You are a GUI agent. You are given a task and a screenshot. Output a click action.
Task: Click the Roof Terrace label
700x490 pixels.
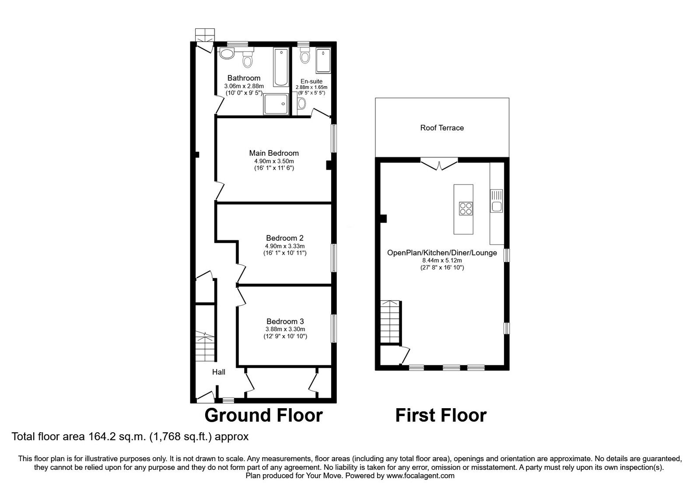point(442,128)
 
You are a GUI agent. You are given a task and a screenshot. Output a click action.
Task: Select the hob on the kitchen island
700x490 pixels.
point(465,209)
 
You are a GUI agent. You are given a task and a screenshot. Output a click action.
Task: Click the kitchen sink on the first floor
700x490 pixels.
point(497,202)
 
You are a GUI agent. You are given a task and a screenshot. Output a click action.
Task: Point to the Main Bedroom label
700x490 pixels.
point(274,153)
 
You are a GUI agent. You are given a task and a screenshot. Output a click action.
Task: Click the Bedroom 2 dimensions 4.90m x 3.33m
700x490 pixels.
point(285,246)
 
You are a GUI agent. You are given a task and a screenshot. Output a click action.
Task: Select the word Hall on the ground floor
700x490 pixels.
point(219,372)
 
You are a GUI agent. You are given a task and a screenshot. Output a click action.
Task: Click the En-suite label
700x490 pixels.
point(311,81)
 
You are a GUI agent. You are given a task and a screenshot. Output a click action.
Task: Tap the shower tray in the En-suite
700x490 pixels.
point(324,60)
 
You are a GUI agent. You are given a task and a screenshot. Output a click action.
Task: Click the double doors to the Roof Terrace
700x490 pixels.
point(439,164)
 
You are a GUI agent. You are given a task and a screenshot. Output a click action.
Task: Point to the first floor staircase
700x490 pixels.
point(391,322)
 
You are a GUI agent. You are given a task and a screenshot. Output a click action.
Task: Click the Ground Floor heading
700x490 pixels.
point(263,415)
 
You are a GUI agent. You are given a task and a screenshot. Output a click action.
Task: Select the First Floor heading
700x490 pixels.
point(441,415)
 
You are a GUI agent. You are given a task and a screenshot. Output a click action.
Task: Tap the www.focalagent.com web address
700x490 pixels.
point(420,476)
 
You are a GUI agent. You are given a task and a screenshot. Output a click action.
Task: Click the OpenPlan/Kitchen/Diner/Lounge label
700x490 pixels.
point(442,253)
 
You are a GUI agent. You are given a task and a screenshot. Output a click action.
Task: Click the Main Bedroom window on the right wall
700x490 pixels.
point(334,138)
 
